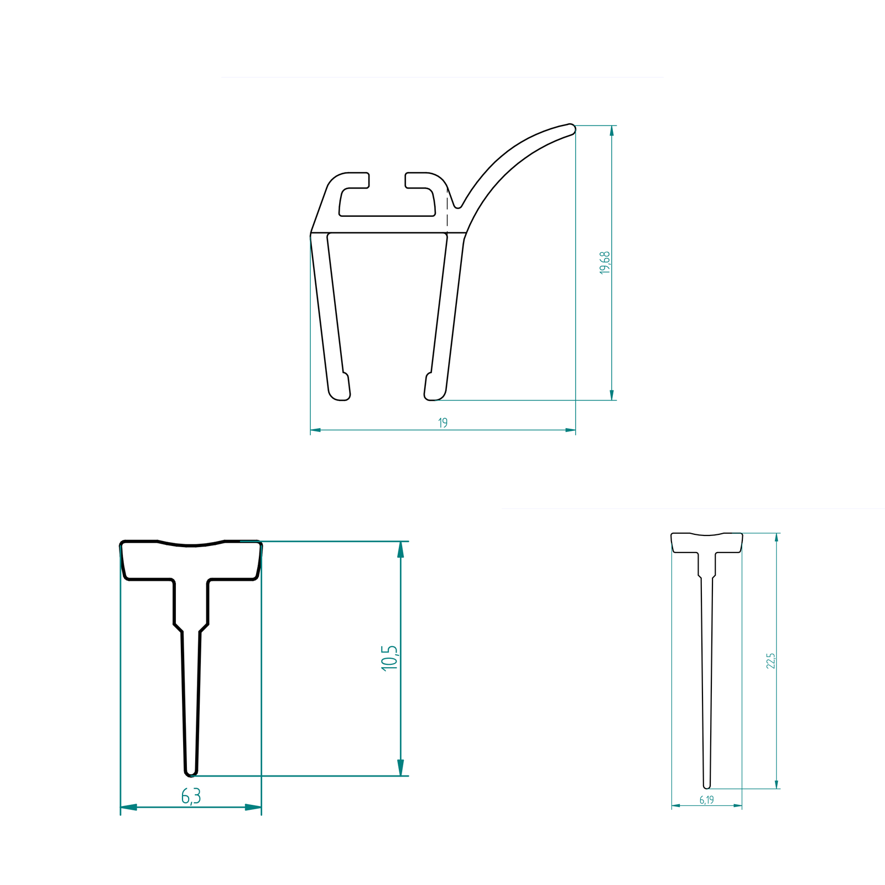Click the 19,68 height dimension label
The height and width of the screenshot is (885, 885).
coord(605,263)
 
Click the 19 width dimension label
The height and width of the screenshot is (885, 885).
coord(443,423)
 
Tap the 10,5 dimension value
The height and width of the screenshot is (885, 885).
coord(389,658)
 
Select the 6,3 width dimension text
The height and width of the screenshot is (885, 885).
coord(191,796)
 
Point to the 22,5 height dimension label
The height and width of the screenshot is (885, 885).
coord(771,661)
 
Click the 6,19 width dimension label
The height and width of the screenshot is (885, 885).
coord(707,800)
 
